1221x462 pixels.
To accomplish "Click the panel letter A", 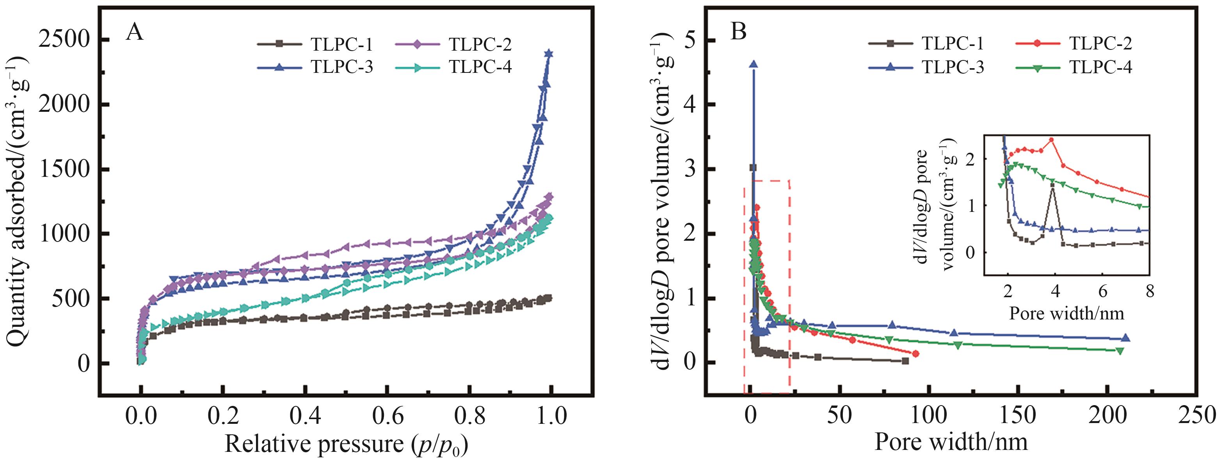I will (x=135, y=34).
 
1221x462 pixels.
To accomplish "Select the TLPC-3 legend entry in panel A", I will (x=316, y=67).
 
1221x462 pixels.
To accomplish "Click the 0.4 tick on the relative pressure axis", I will (x=305, y=416).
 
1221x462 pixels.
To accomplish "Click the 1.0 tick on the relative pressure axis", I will (x=551, y=416).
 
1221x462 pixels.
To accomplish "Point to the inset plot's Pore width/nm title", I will (x=1066, y=313).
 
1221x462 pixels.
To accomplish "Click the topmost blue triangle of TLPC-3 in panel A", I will (x=549, y=53).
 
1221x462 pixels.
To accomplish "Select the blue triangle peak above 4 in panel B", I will (x=753, y=64).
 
